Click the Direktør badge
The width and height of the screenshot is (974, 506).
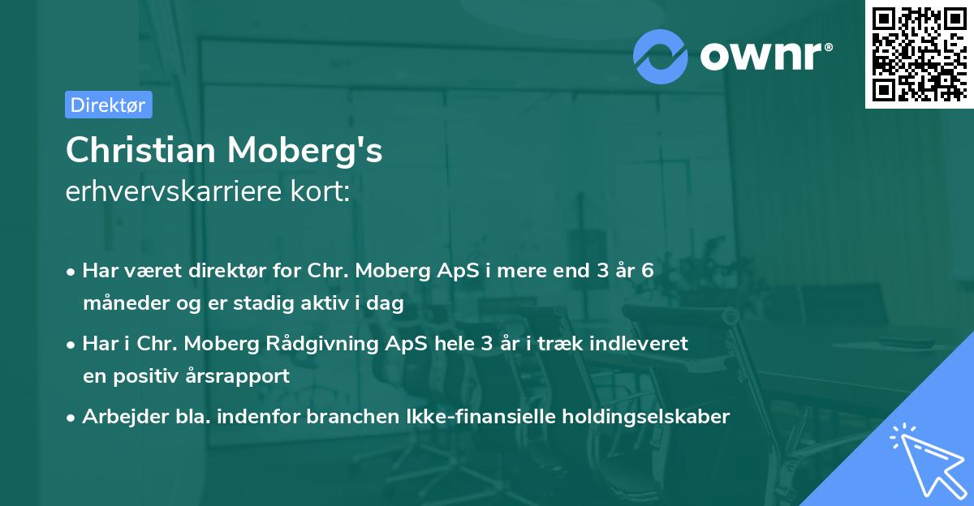[x=108, y=105]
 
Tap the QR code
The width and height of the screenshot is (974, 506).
[x=917, y=55]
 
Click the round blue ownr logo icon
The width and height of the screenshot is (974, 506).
[x=661, y=55]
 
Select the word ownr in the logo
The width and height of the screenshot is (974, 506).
[x=764, y=55]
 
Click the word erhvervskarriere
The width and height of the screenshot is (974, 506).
[x=179, y=192]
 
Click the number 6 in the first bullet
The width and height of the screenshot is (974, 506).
[x=647, y=271]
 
